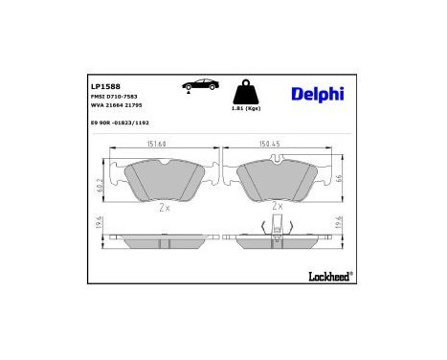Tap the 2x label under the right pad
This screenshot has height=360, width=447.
tap(278, 205)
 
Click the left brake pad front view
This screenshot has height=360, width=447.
tap(167, 178)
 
